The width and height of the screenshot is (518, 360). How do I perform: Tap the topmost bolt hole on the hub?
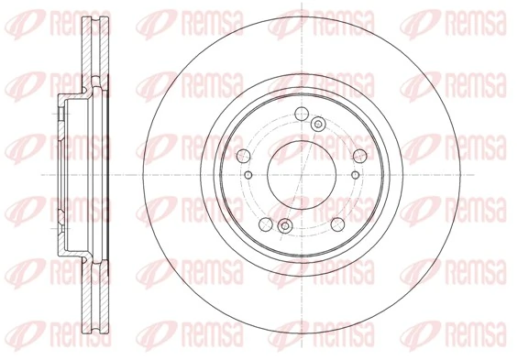point(302,115)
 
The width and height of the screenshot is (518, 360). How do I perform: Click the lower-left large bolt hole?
point(265,223)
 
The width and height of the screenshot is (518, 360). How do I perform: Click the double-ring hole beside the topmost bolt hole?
point(318,124)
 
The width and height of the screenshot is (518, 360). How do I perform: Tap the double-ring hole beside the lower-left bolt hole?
point(284,225)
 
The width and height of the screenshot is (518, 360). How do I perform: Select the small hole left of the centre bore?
point(248,173)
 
